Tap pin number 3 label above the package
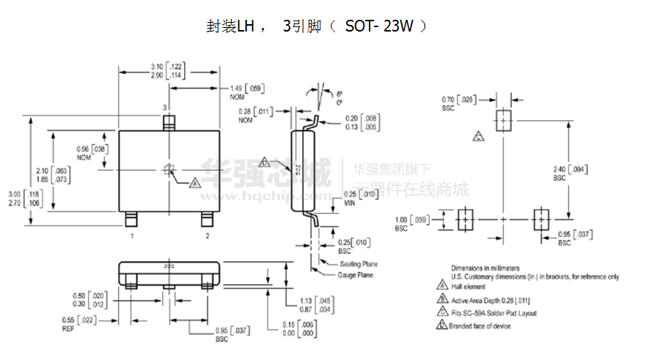165,107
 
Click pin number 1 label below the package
132,236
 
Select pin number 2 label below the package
208,236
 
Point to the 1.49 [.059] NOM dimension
246,92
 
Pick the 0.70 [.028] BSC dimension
458,103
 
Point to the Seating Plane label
358,264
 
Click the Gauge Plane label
355,275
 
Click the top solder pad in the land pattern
504,119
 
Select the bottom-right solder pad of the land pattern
541,219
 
